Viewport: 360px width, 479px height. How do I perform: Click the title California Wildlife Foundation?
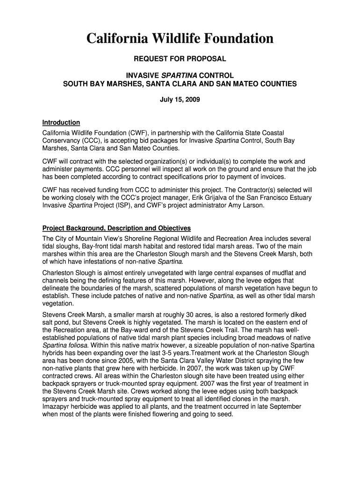pos(180,39)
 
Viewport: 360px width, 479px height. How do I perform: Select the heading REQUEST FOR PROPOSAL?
pos(180,59)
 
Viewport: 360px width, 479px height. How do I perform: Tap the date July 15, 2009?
pos(180,100)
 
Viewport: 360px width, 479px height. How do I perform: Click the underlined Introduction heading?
pos(61,123)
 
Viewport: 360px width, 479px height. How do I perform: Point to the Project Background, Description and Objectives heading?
pos(116,228)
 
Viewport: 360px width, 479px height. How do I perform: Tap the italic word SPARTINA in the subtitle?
pos(180,75)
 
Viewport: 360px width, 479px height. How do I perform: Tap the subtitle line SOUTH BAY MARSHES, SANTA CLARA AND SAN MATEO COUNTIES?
pos(180,84)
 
